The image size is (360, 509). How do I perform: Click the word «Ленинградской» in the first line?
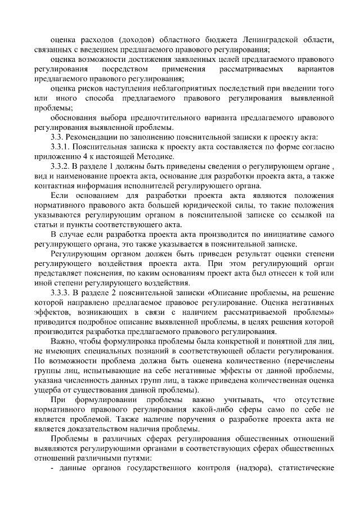point(269,40)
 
